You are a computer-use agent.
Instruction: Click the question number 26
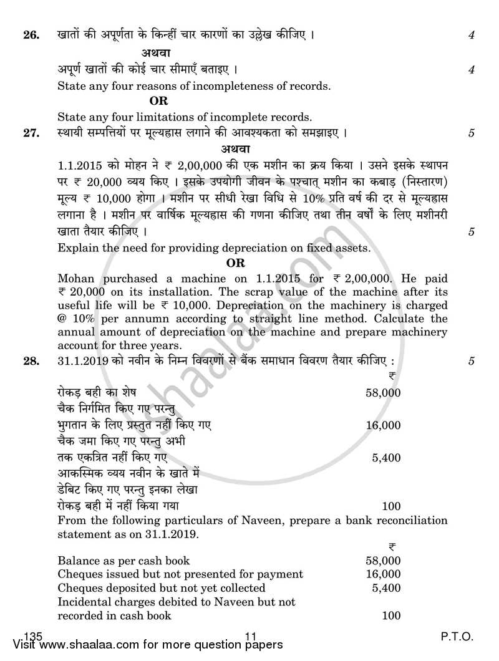click(31, 35)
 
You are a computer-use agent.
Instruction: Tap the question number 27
click(31, 133)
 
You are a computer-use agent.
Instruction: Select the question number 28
click(31, 360)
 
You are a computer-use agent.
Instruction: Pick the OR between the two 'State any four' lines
click(158, 100)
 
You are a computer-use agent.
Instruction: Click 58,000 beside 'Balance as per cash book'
click(383, 561)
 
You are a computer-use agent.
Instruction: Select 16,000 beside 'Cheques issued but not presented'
click(383, 574)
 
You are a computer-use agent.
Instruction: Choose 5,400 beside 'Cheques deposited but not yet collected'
click(386, 588)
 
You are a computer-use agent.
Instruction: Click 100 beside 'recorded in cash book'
click(391, 615)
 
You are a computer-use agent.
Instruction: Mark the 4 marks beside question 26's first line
click(472, 36)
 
